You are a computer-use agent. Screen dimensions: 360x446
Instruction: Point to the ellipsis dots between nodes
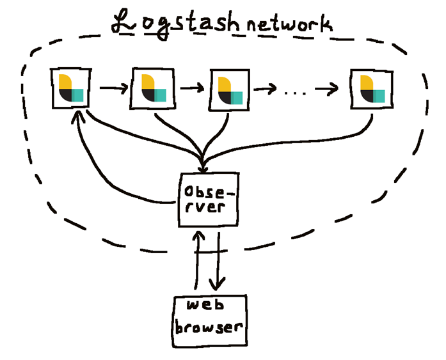[295, 93]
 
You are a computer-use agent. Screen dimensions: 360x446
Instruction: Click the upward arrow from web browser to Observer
[198, 262]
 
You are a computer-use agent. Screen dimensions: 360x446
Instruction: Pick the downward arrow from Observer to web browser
[219, 262]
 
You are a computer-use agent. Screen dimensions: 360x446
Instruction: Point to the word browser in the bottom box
[210, 327]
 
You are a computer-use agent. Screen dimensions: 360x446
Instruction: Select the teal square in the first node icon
[78, 95]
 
